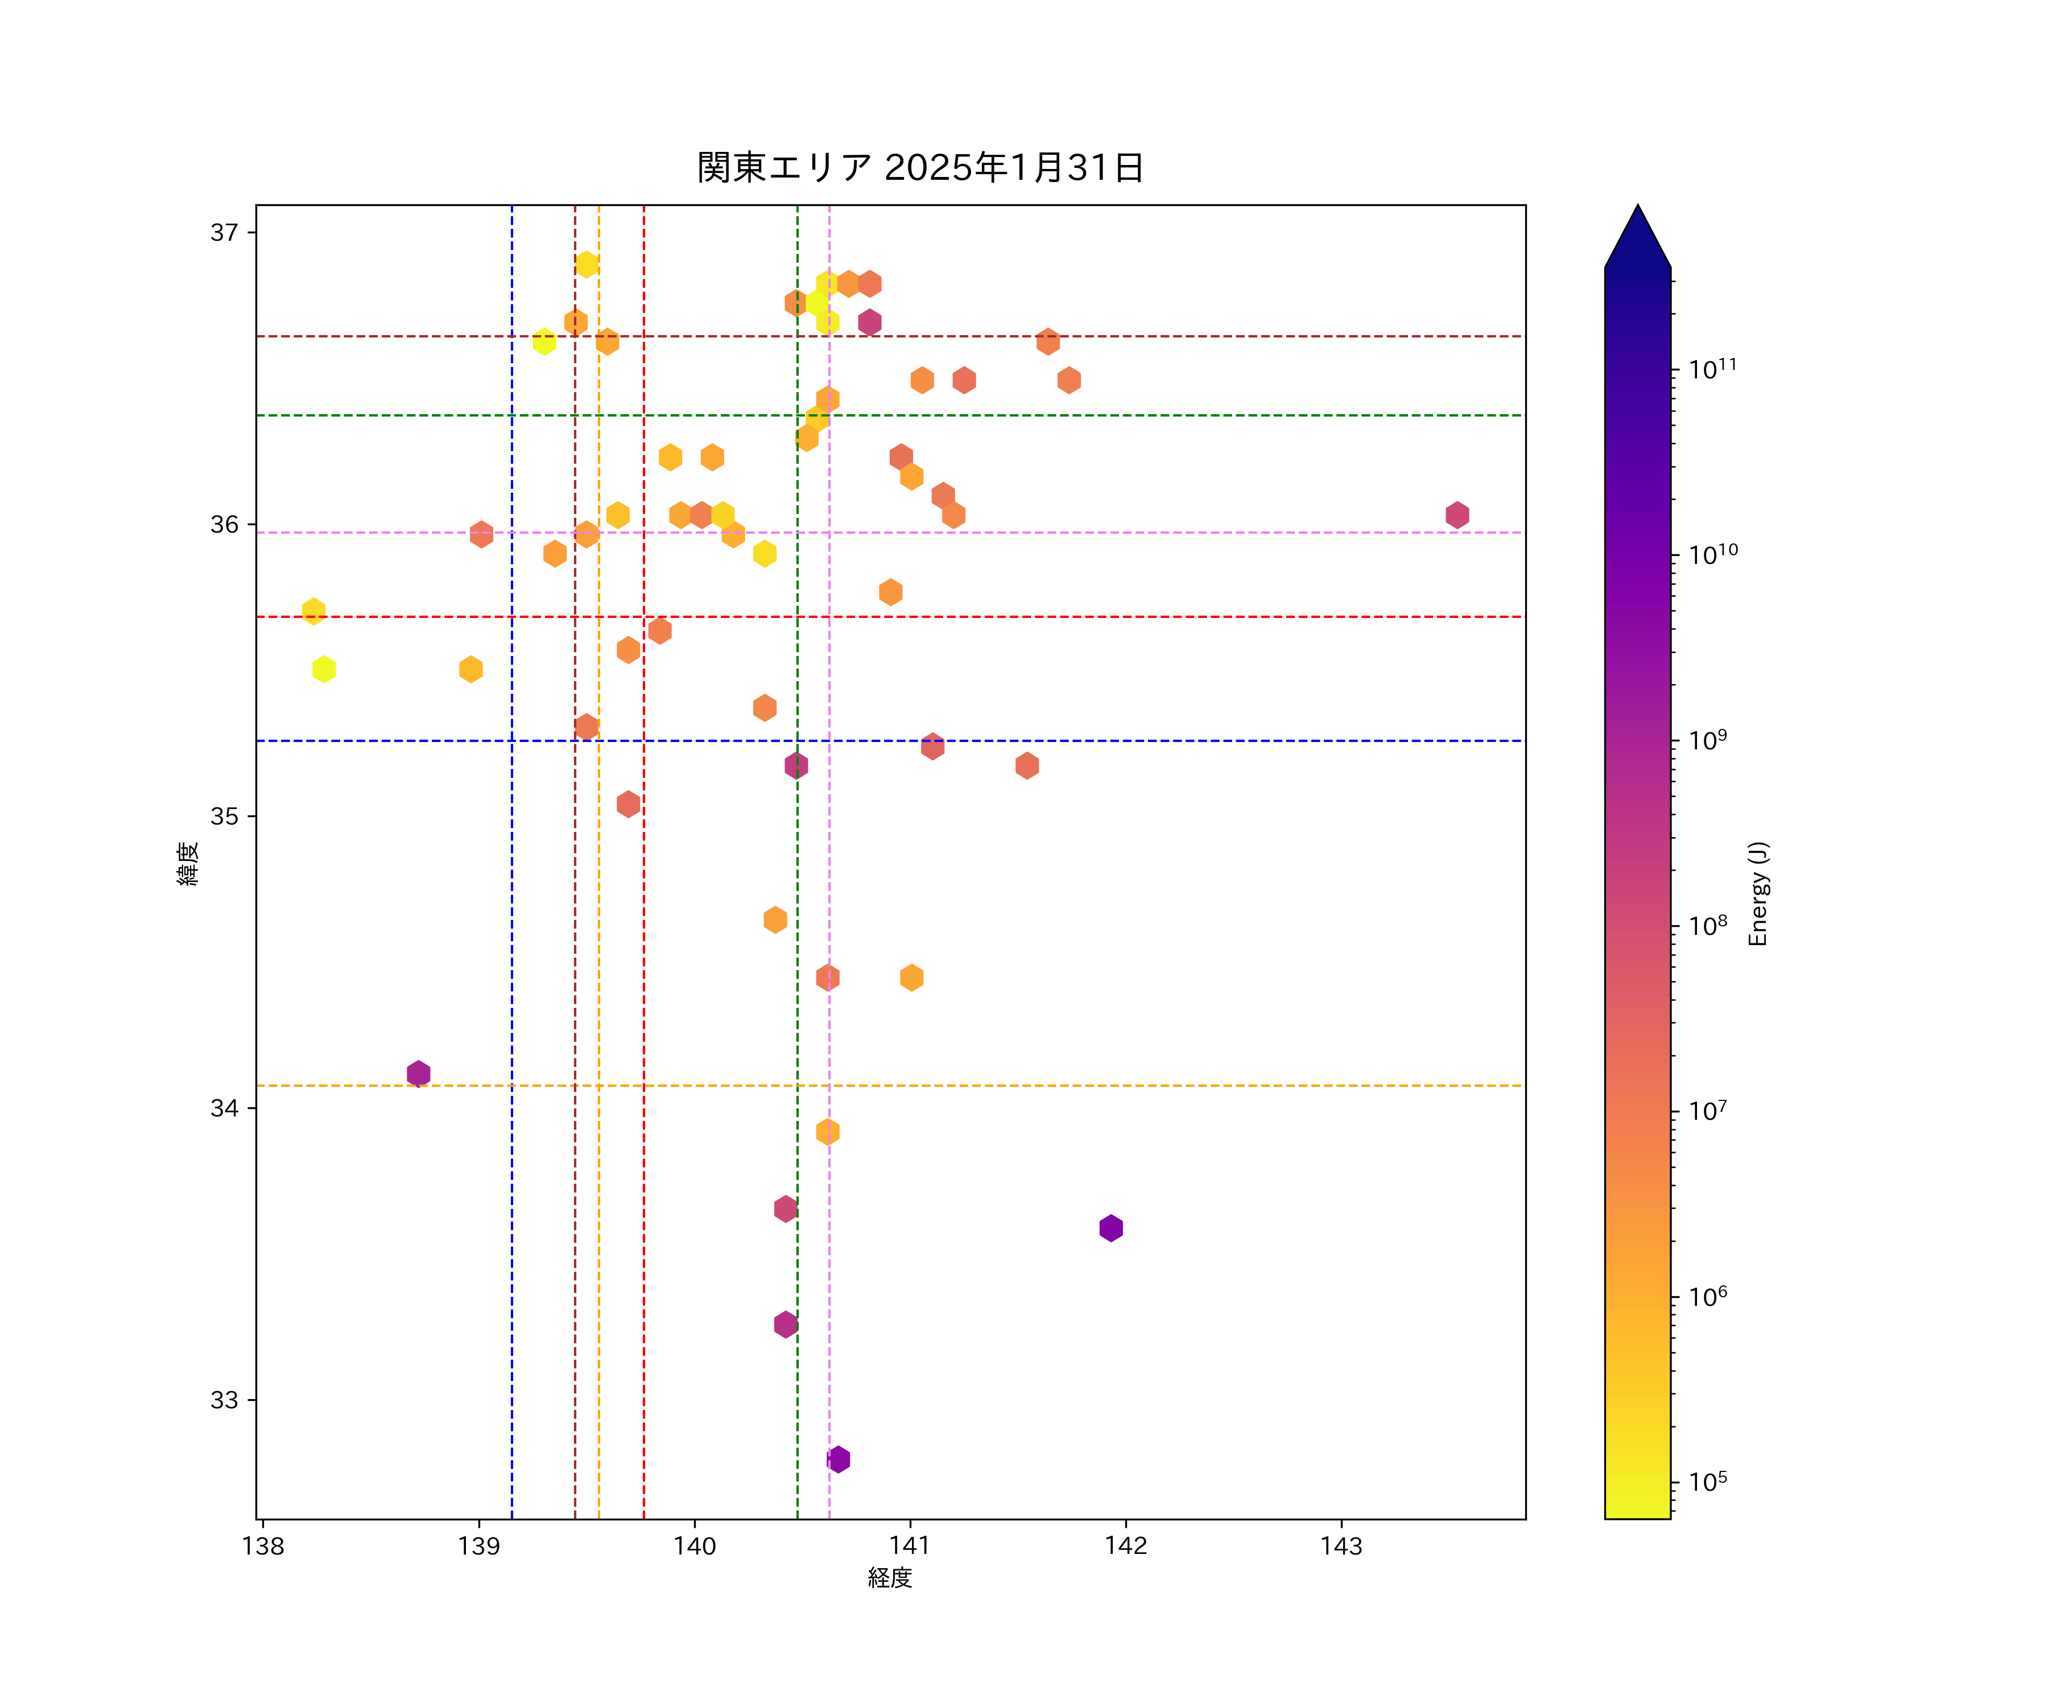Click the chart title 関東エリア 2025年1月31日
920,168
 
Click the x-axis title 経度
889,1577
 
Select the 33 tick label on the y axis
224,1400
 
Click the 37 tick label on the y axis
224,232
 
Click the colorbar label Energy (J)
1757,893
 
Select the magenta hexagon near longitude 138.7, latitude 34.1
418,1073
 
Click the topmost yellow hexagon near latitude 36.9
586,265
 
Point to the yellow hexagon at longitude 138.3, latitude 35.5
324,669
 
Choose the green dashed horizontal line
1170,415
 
